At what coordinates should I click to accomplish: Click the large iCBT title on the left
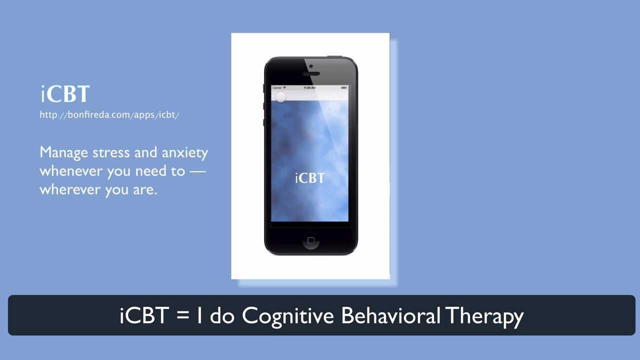click(65, 94)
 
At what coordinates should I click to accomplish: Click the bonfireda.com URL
click(109, 115)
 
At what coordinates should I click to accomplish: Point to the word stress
click(112, 152)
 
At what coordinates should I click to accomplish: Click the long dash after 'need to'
click(197, 171)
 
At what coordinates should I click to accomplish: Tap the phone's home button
click(310, 240)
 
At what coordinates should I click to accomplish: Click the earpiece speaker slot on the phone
click(311, 74)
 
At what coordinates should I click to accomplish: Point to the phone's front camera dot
click(311, 66)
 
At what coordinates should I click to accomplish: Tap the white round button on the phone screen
click(281, 97)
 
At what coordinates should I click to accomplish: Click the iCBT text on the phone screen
click(309, 178)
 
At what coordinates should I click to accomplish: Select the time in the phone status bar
click(309, 87)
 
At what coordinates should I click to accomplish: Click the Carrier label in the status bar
click(277, 87)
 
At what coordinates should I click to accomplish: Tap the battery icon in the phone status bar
click(344, 87)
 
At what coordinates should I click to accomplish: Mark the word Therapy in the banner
click(484, 316)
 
